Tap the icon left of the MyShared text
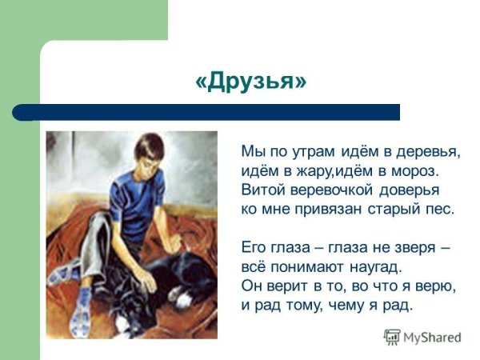click(x=392, y=337)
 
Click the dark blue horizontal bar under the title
click(x=208, y=112)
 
